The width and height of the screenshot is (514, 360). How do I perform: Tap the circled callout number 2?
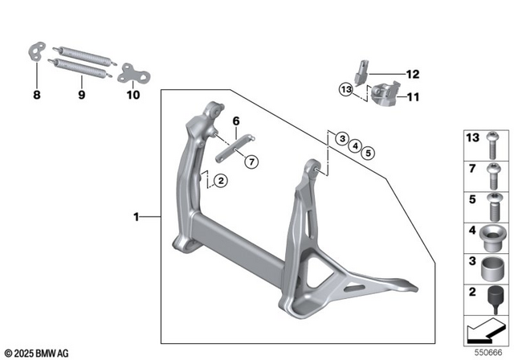tap(221, 182)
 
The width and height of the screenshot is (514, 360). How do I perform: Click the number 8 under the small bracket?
tap(35, 95)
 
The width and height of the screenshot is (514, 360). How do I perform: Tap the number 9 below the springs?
tap(81, 95)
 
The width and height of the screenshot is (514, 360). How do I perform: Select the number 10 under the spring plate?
tap(133, 95)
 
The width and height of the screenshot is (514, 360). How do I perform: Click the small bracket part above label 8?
tap(37, 51)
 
